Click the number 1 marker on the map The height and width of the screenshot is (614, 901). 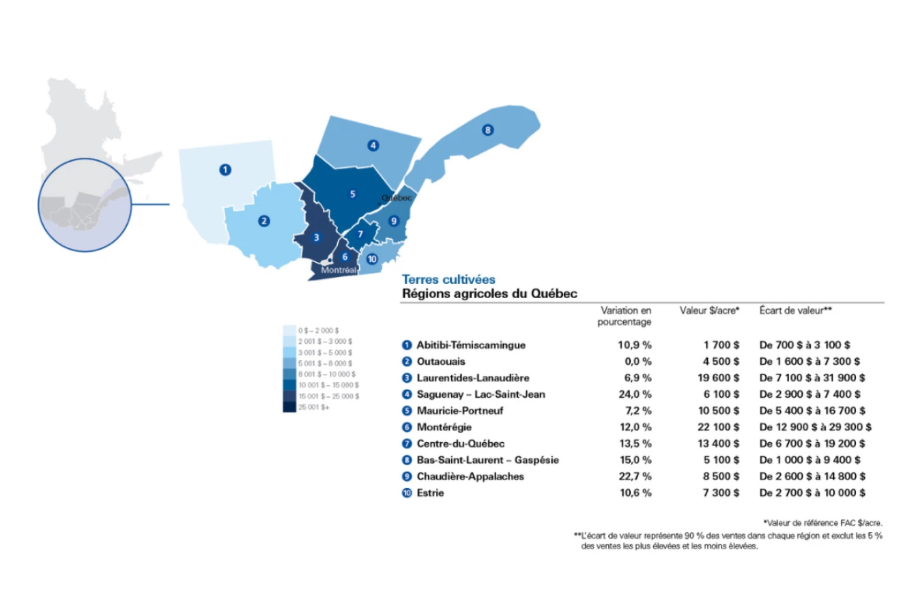click(x=225, y=170)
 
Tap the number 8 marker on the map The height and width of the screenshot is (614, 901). click(x=487, y=130)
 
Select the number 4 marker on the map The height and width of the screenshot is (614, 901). click(x=373, y=145)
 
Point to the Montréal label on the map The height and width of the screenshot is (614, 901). click(x=339, y=270)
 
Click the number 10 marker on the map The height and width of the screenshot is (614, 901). click(x=372, y=259)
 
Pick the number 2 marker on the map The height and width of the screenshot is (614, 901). click(x=263, y=221)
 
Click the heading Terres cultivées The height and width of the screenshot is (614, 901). click(x=448, y=279)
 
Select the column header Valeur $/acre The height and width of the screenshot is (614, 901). click(x=709, y=311)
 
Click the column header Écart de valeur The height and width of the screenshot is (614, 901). click(x=795, y=311)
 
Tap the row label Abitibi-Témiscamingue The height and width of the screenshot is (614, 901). click(x=471, y=345)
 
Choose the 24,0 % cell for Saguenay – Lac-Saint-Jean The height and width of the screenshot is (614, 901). click(x=635, y=394)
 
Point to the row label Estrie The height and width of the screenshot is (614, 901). click(x=430, y=493)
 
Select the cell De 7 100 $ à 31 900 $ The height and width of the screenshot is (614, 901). click(x=812, y=378)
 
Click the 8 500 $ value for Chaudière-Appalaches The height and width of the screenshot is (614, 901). click(x=721, y=476)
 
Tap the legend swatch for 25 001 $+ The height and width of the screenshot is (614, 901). click(x=289, y=407)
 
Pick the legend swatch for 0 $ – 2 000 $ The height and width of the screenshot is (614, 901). click(x=289, y=330)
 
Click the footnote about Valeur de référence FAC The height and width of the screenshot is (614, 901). click(x=823, y=523)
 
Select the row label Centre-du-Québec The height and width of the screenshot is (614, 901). click(x=461, y=443)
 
